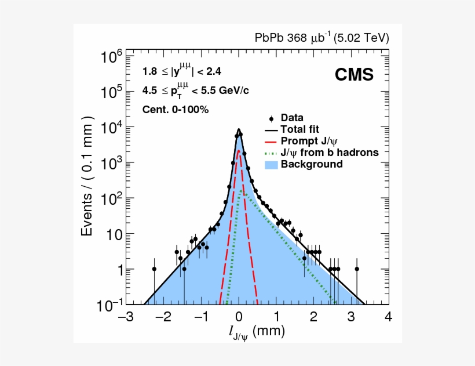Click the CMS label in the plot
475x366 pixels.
click(x=353, y=75)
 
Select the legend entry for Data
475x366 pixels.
click(x=291, y=118)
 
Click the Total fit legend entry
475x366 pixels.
click(x=299, y=129)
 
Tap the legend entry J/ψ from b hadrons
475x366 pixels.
click(x=329, y=153)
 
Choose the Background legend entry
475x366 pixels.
click(x=311, y=164)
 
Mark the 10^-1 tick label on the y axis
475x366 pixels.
click(x=109, y=305)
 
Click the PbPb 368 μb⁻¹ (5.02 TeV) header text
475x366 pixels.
click(x=322, y=38)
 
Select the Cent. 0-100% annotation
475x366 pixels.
click(x=175, y=109)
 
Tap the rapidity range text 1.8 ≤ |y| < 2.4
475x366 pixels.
click(x=181, y=71)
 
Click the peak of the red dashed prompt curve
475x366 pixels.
click(x=238, y=151)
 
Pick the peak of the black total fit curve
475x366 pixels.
click(x=238, y=129)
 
